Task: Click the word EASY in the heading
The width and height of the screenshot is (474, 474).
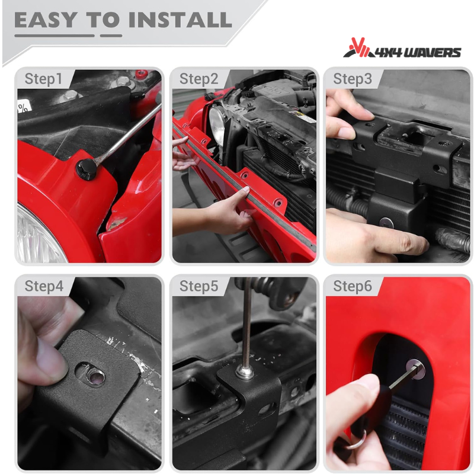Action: pos(46,20)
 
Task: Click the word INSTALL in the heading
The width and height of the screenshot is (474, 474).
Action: pos(180,20)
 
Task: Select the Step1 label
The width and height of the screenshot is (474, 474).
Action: pos(43,79)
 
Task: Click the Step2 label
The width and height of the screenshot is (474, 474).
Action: pos(199,79)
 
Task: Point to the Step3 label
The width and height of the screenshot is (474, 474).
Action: pos(353,79)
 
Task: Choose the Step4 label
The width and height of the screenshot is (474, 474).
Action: pos(44,286)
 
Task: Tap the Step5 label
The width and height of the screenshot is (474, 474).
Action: pos(199,286)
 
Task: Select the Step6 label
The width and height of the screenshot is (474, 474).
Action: pos(353,286)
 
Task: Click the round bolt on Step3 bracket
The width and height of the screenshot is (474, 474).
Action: pos(386,223)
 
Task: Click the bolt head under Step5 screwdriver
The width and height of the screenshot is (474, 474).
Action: pos(244,373)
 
